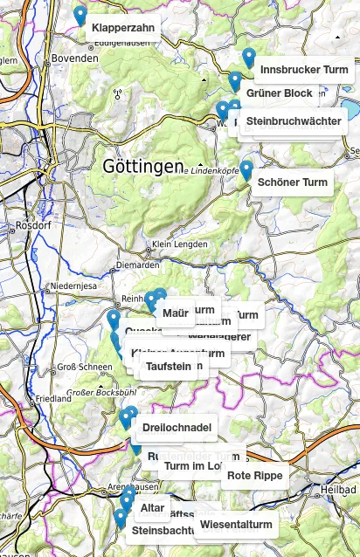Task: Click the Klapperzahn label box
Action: coord(123,28)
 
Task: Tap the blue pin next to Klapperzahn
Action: coord(80,16)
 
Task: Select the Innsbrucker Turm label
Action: coord(304,70)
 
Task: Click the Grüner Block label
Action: coord(279,93)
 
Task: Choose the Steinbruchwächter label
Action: coord(293,120)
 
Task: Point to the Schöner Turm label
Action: coord(293,182)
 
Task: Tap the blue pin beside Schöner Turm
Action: coord(246,169)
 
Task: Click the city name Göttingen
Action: coord(143,166)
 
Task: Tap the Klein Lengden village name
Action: coord(180,244)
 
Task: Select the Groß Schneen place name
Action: coord(82,368)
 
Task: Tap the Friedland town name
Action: coord(53,398)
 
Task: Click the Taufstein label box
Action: coord(168,367)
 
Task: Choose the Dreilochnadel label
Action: coord(177,427)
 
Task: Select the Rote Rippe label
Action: coord(254,476)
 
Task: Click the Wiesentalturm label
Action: coord(236,525)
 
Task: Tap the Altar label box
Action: coord(152,507)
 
